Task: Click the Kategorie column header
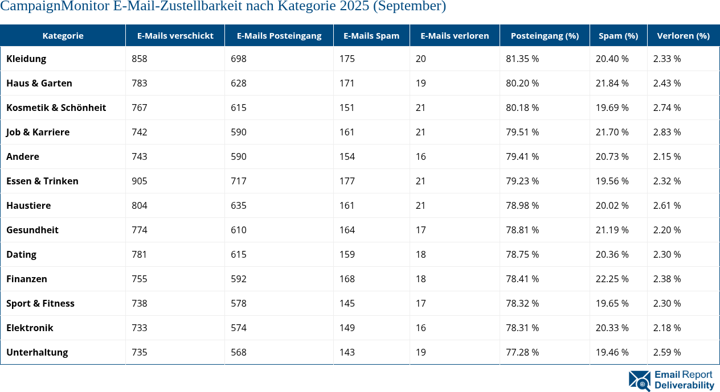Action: coord(63,35)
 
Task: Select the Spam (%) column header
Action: coord(618,35)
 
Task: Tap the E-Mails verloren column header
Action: coord(455,35)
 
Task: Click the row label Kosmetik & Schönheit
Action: coord(56,108)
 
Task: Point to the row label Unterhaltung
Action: coord(37,352)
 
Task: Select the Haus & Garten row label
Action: coord(39,83)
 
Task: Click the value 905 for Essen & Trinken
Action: coord(140,181)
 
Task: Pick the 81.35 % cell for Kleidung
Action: coord(522,59)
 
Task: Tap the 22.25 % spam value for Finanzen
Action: coord(612,279)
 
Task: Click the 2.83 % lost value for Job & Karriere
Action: coord(667,132)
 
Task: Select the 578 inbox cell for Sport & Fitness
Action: coord(239,303)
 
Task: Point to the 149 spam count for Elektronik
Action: coord(347,328)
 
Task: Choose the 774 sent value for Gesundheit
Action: coord(140,230)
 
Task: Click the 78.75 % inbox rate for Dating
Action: coord(522,254)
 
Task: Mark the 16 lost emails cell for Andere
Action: coord(421,156)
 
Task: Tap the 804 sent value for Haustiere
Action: coord(140,205)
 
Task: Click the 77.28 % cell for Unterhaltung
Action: coord(522,352)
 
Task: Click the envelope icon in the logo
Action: coord(640,381)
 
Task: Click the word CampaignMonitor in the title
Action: coord(51,7)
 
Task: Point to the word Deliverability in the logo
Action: coord(684,386)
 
